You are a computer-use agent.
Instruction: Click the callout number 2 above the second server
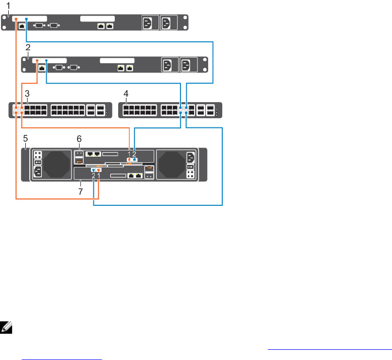pyautogui.click(x=28, y=47)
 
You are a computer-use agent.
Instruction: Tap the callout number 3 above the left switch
pyautogui.click(x=28, y=93)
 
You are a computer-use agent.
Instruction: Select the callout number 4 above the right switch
pyautogui.click(x=127, y=93)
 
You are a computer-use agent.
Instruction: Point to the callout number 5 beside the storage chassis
pyautogui.click(x=25, y=139)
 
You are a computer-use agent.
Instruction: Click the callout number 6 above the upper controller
pyautogui.click(x=79, y=138)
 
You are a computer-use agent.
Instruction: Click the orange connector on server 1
pyautogui.click(x=16, y=19)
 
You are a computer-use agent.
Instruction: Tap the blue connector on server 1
pyautogui.click(x=26, y=20)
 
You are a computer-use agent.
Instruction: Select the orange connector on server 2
pyautogui.click(x=36, y=61)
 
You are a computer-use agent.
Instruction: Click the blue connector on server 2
pyautogui.click(x=46, y=61)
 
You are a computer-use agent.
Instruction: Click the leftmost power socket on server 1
pyautogui.click(x=149, y=23)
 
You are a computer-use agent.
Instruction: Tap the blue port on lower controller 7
pyautogui.click(x=93, y=170)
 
